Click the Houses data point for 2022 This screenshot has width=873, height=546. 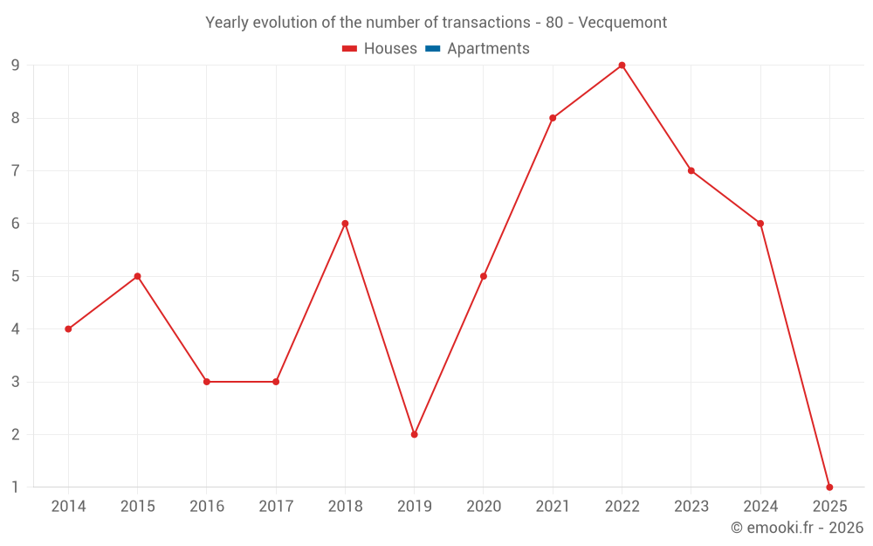(x=622, y=66)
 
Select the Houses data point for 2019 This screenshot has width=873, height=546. (x=414, y=434)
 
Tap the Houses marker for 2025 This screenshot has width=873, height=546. (x=829, y=487)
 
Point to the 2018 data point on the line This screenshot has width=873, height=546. (x=345, y=224)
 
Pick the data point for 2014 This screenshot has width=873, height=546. (x=68, y=329)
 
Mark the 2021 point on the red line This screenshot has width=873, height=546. (x=553, y=118)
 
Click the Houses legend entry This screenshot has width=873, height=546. (x=380, y=49)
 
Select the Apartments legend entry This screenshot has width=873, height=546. (x=478, y=49)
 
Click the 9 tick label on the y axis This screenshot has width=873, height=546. (x=15, y=66)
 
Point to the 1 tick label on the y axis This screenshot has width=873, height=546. (x=15, y=487)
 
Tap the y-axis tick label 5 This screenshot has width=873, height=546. (x=15, y=276)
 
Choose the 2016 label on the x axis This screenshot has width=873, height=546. (x=207, y=507)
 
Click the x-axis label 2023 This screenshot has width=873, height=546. (x=691, y=507)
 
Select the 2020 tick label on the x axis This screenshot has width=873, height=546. (x=484, y=507)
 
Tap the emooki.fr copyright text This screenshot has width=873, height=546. (x=797, y=528)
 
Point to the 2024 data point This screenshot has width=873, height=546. (x=760, y=224)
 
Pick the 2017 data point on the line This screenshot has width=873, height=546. (x=276, y=382)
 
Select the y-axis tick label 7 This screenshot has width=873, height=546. (x=15, y=170)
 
